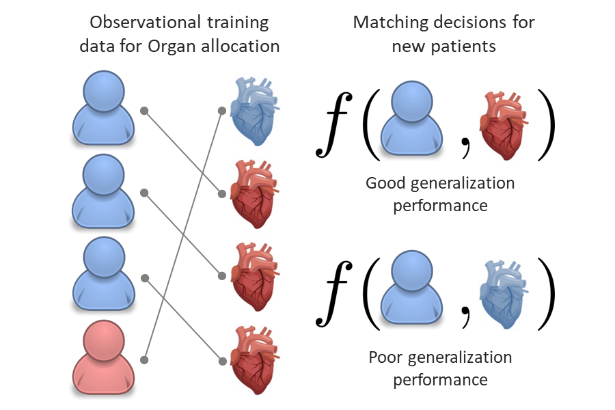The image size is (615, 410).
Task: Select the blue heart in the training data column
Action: [253, 111]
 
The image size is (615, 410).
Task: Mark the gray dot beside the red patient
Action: [144, 359]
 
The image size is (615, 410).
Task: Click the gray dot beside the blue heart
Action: [221, 110]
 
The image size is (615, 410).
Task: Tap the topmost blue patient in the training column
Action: [101, 109]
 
